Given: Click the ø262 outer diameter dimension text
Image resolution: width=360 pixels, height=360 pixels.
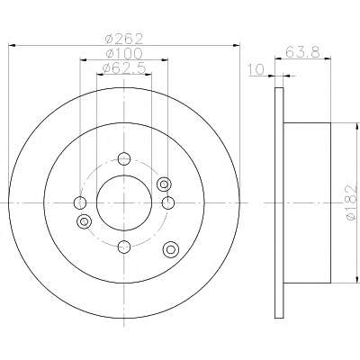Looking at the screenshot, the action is pyautogui.click(x=124, y=39).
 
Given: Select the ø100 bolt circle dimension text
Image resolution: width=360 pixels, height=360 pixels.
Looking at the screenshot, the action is pyautogui.click(x=124, y=54).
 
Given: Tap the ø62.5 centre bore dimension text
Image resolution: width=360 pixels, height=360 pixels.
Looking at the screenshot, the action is pyautogui.click(x=124, y=68).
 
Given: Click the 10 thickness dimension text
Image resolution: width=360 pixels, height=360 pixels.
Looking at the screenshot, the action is pyautogui.click(x=256, y=69).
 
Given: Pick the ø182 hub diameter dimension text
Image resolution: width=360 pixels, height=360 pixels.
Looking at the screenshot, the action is pyautogui.click(x=351, y=203).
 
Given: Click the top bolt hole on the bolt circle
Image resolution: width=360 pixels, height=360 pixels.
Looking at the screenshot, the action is pyautogui.click(x=124, y=158).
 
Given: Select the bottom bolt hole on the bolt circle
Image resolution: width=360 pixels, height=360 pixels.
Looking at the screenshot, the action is pyautogui.click(x=124, y=247).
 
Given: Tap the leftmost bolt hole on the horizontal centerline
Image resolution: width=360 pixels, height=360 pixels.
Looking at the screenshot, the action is pyautogui.click(x=80, y=202).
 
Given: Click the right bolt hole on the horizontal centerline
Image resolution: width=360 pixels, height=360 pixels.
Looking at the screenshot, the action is pyautogui.click(x=168, y=202).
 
